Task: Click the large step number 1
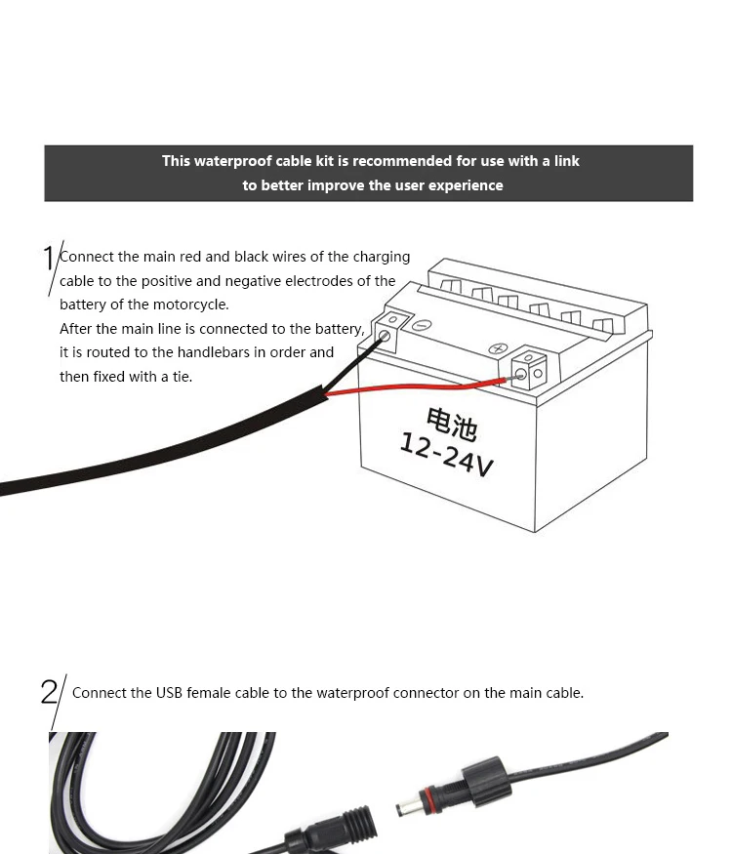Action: tap(49, 259)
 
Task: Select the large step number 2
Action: tap(49, 692)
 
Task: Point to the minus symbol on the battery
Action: tap(422, 325)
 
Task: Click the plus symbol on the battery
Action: tap(498, 348)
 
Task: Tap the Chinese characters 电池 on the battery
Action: tap(452, 424)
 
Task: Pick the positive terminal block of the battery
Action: tap(529, 368)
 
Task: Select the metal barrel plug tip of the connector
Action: tap(407, 807)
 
